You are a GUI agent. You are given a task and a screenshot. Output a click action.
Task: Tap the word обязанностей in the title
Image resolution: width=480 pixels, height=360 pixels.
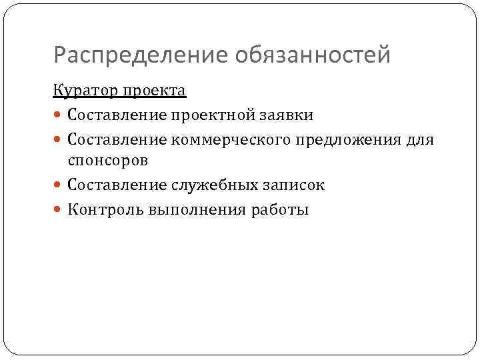313,55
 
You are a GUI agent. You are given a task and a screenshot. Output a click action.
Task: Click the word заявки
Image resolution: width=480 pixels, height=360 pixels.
289,115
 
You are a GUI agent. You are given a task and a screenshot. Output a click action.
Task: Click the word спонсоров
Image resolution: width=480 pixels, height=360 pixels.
107,161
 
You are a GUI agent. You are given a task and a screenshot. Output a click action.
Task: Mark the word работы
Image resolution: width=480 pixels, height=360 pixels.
281,210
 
